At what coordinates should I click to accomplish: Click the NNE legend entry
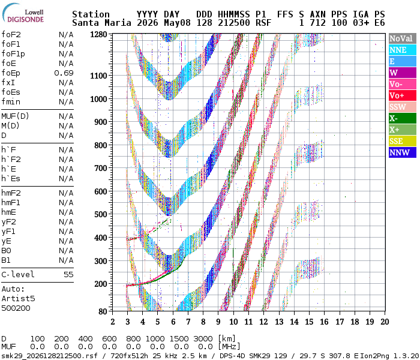(403, 50)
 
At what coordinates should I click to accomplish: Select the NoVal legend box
(403, 38)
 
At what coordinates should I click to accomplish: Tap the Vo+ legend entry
(403, 95)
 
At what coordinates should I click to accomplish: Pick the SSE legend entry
(403, 141)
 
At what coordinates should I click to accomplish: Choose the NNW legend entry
(403, 152)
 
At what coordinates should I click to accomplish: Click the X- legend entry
(403, 118)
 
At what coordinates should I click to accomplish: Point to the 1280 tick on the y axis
(98, 34)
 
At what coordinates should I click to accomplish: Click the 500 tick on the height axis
(101, 214)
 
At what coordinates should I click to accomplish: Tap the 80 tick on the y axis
(103, 311)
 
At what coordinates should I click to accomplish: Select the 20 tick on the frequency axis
(385, 322)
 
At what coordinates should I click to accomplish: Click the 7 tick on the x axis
(188, 322)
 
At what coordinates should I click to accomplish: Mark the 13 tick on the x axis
(279, 322)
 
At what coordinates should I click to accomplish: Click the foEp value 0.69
(64, 73)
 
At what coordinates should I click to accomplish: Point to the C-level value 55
(68, 275)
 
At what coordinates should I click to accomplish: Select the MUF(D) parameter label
(15, 116)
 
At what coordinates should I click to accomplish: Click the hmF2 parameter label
(11, 193)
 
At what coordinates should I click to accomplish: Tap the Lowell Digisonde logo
(23, 13)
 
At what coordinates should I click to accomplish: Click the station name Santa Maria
(101, 23)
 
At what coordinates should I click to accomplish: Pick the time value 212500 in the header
(234, 23)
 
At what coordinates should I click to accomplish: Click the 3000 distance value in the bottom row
(203, 339)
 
